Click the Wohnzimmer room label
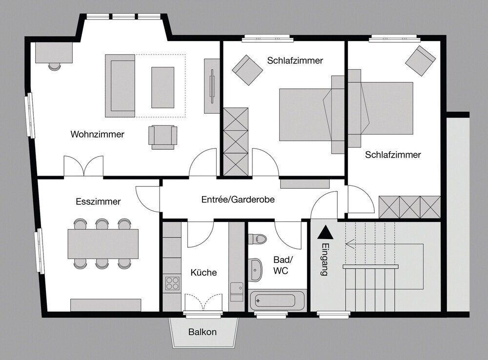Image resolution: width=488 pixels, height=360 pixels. (x=98, y=134)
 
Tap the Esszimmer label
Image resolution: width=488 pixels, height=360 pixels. (x=98, y=201)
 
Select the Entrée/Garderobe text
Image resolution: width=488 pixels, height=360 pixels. (x=238, y=199)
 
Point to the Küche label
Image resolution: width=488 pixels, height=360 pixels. (x=203, y=273)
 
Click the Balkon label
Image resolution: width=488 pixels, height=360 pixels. (x=203, y=332)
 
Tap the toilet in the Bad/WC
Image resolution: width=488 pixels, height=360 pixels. (x=257, y=239)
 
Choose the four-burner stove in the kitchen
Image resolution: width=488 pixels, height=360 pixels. (x=172, y=283)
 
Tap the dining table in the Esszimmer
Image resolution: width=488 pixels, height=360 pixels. (x=103, y=244)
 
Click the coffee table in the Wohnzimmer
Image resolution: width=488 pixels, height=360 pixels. (x=163, y=87)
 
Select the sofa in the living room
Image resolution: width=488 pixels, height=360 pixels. (x=120, y=86)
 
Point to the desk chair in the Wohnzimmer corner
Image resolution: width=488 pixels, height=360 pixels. (x=55, y=66)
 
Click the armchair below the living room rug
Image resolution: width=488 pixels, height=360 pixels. (x=163, y=137)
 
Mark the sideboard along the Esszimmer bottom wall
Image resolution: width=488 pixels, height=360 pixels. (x=106, y=305)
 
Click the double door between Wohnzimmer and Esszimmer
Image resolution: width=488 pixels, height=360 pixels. (x=83, y=166)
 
